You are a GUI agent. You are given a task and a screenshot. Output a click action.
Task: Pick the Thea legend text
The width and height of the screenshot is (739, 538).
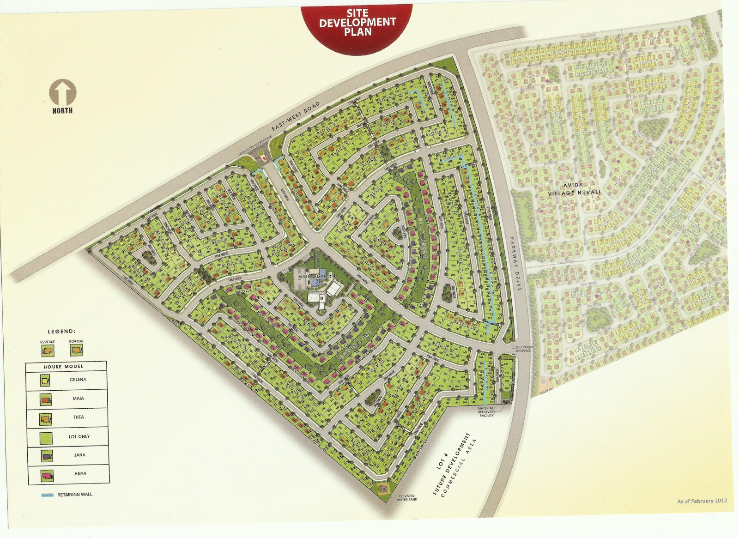79,417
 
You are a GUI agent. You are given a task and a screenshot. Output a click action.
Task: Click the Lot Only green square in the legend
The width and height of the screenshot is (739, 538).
46,436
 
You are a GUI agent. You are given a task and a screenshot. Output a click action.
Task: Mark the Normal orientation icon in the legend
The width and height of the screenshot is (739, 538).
76,351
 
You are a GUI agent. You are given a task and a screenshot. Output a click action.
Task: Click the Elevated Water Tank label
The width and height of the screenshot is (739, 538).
406,498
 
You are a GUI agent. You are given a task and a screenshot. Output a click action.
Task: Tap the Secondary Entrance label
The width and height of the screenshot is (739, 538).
524,349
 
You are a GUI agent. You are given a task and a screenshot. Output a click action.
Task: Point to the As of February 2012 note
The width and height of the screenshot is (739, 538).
702,501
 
